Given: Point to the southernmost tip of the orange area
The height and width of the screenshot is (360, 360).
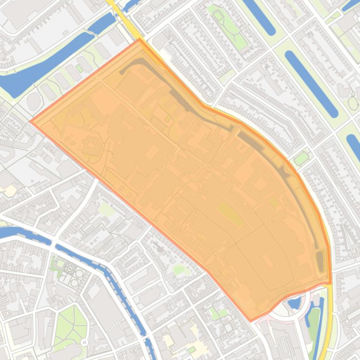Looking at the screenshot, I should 250,321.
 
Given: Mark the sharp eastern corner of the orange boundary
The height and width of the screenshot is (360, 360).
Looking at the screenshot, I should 331,283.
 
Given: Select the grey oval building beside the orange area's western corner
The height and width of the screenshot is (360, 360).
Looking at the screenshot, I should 34,101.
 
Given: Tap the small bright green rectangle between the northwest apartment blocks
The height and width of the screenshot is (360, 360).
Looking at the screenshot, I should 80,69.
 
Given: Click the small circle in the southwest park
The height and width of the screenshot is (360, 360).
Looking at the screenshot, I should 84,343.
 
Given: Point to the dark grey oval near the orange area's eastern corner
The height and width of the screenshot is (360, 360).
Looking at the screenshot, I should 320,259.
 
